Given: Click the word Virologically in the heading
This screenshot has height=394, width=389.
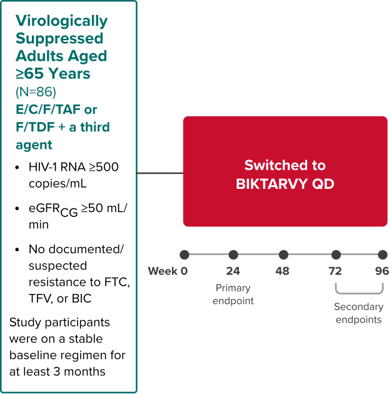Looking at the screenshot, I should tap(61, 21).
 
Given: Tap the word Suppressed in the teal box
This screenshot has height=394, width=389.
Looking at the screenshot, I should tap(59, 38).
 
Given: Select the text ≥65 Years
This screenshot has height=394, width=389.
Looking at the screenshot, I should tap(53, 73).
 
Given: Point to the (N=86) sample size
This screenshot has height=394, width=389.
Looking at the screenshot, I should tap(36, 91).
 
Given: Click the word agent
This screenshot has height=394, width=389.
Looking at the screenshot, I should tap(34, 145).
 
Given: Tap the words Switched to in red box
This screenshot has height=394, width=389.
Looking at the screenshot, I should tap(285, 165).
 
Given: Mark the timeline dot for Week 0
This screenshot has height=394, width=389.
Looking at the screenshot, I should tap(184, 255).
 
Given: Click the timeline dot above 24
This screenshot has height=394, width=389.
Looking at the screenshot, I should tap(233, 255).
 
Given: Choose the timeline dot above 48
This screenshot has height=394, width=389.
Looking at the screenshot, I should tap(283, 255).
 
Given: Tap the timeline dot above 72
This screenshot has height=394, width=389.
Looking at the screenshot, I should tap(336, 255).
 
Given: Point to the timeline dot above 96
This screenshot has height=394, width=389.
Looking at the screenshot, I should tap(382, 255).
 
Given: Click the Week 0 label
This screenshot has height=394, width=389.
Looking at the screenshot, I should tap(168, 271).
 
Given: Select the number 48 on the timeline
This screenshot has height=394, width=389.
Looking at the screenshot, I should tap(283, 271).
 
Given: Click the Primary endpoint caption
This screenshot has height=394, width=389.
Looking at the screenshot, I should tap(233, 294).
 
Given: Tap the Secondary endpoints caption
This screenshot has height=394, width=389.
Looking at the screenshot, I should tap(358, 313).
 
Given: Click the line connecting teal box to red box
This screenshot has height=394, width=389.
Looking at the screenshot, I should tap(159, 173).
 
